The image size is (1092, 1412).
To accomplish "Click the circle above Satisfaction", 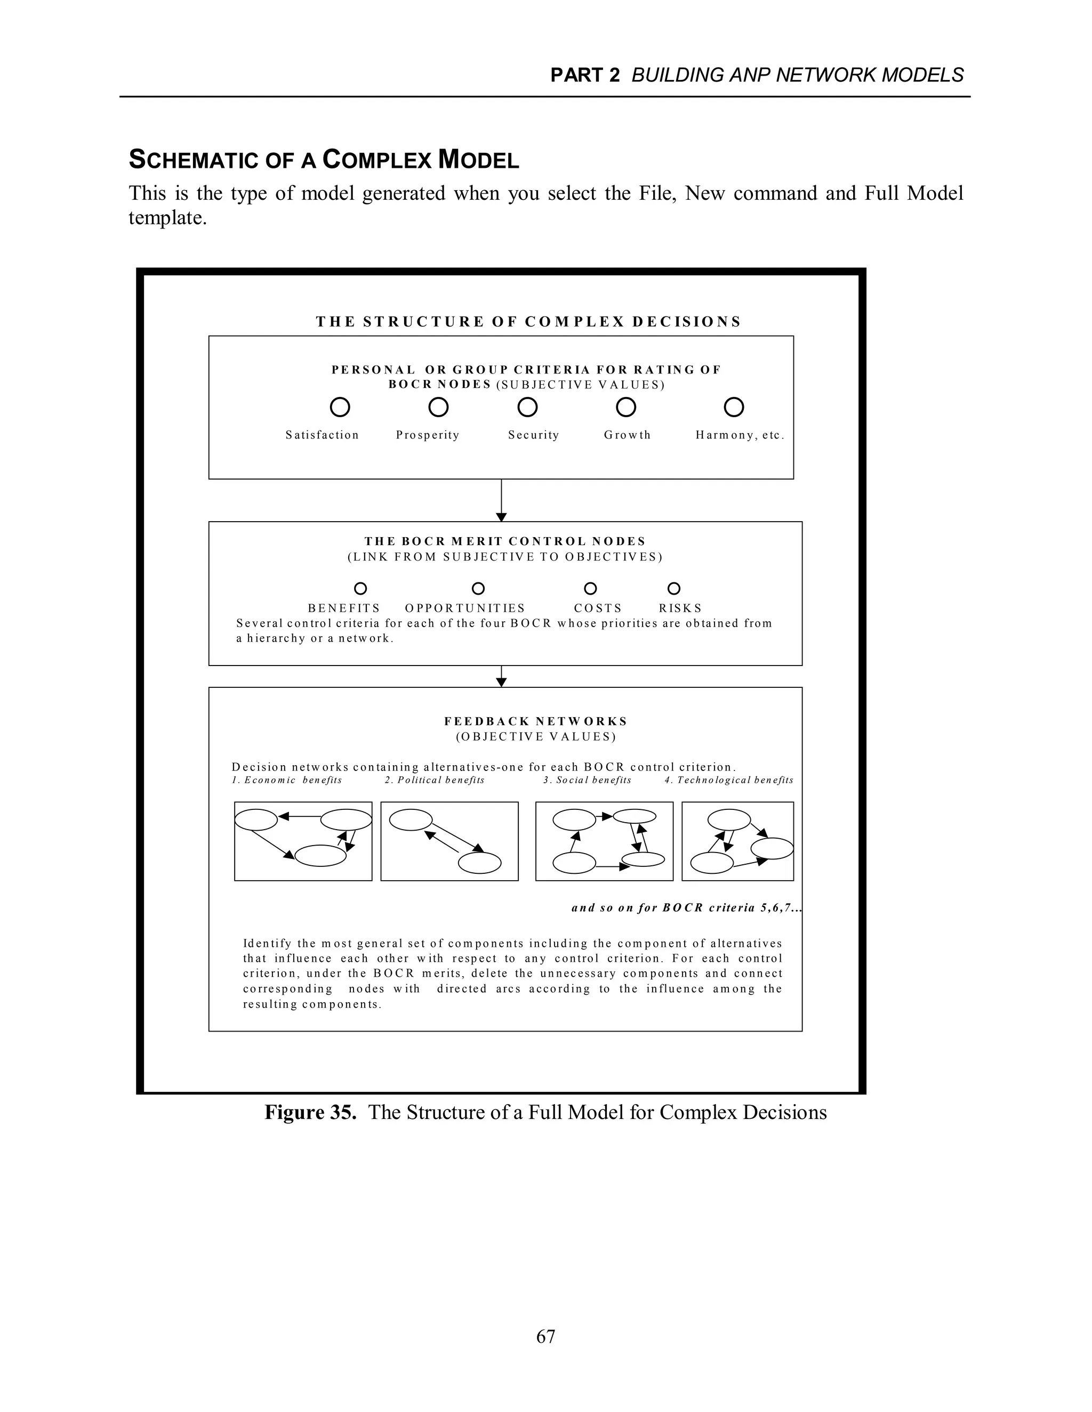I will click(x=340, y=407).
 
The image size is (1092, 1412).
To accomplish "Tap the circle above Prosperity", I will click(x=439, y=407).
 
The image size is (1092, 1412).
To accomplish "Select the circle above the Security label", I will click(x=528, y=407).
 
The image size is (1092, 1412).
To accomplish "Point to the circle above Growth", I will click(x=625, y=407).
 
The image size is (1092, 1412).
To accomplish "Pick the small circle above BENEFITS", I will click(x=360, y=588).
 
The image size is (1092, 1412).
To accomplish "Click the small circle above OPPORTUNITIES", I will click(x=478, y=588).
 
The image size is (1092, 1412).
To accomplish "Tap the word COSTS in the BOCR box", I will click(x=598, y=608).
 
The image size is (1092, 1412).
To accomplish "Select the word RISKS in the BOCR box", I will click(x=680, y=608).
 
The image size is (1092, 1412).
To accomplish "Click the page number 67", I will click(x=545, y=1336).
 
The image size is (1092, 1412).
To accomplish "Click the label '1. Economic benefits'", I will click(x=286, y=781).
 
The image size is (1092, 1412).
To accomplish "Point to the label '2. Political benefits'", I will click(x=434, y=781).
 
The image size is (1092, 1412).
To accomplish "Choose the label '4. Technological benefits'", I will click(x=728, y=781).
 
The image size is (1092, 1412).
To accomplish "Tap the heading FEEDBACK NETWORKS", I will click(x=536, y=721).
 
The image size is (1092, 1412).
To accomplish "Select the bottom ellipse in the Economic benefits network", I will click(x=320, y=855).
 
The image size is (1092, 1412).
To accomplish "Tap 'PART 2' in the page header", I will click(x=585, y=76).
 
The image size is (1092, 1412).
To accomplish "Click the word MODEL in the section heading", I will click(x=478, y=160).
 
